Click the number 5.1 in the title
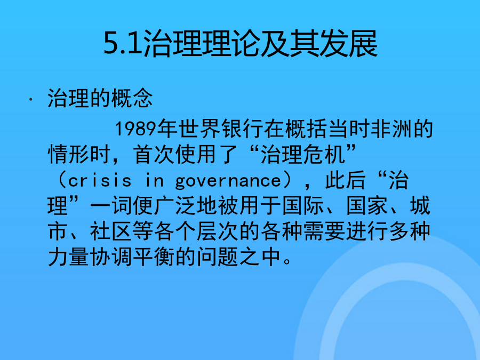pos(123,43)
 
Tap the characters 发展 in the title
pos(348,44)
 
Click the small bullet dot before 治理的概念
pos(30,99)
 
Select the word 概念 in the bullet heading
pos(132,98)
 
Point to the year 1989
pos(135,129)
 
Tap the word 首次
pos(154,154)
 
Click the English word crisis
pos(100,181)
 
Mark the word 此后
pos(345,180)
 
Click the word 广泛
pos(174,206)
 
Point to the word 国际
pos(303,206)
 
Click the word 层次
pos(218,231)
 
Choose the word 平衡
pos(154,257)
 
